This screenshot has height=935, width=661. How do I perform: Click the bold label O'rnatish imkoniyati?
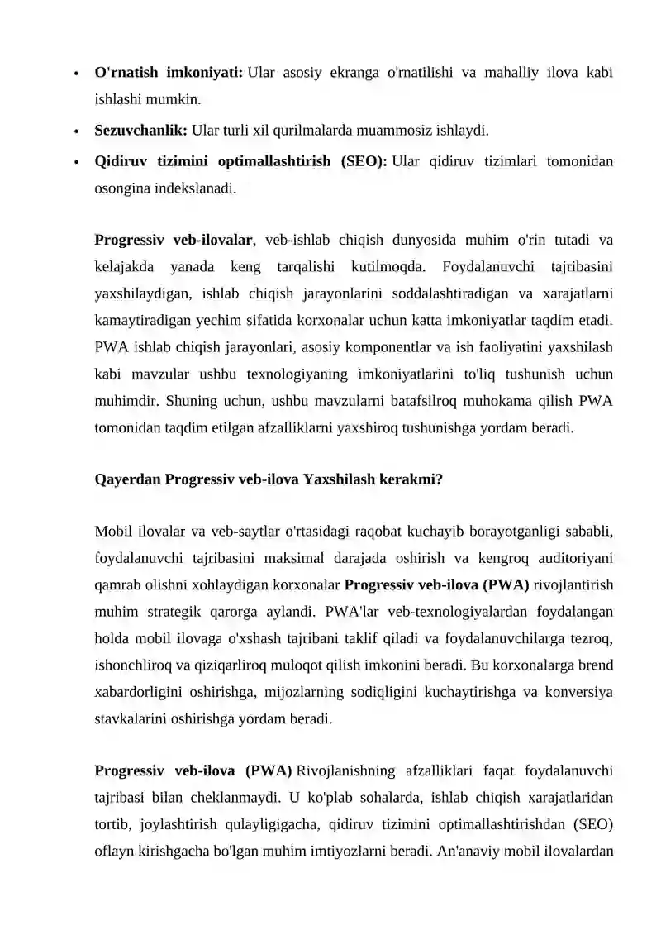pos(169,73)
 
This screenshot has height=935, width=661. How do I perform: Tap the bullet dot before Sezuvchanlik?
pos(75,131)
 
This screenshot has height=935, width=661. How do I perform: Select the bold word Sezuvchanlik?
pos(141,131)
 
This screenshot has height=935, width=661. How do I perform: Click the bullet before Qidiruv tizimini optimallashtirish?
pos(75,162)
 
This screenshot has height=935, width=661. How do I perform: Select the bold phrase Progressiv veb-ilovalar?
pos(174,241)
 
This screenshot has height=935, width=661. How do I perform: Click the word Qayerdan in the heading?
pos(128,479)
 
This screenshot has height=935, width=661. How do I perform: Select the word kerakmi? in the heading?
pos(411,479)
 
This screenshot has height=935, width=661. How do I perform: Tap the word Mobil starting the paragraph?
pos(114,530)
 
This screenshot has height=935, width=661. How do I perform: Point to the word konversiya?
pos(578,691)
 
